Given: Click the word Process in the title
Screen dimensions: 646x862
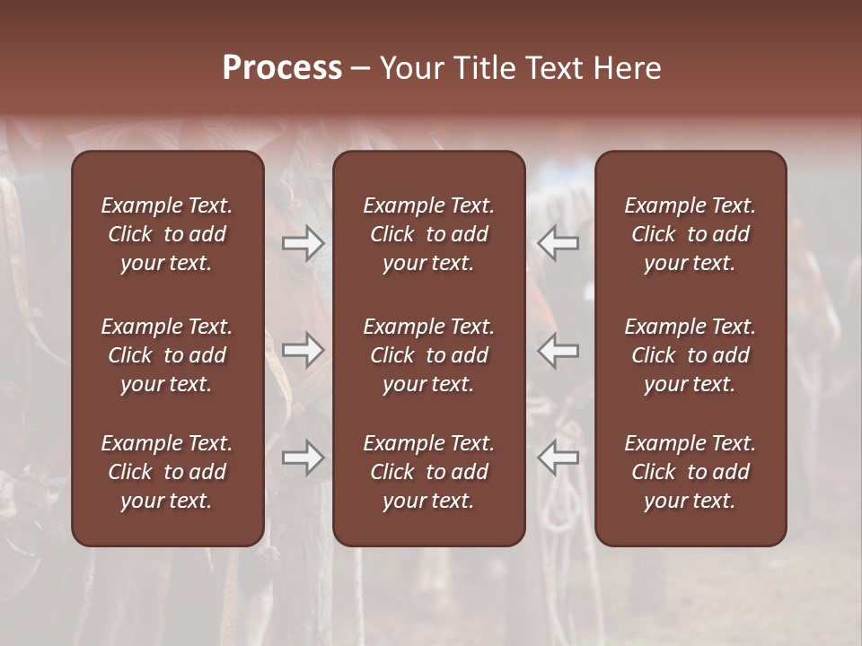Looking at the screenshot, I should point(282,68).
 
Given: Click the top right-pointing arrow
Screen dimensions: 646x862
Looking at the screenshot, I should point(303,242).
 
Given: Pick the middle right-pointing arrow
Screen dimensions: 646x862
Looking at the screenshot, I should point(303,350).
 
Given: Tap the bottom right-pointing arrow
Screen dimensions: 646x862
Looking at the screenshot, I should point(303,458).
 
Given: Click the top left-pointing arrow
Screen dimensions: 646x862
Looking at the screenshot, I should point(559,242).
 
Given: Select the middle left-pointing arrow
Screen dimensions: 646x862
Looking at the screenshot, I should point(559,350).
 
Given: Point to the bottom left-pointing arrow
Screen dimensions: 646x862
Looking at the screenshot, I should point(559,458).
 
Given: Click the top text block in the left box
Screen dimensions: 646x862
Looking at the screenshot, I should point(167,234).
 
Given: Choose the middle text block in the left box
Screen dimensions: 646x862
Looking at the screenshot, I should point(167,355).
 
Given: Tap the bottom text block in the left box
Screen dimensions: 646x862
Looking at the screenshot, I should point(167,472).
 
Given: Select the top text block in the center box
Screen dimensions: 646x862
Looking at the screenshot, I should point(429,234).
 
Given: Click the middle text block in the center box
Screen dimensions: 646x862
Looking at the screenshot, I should point(429,355).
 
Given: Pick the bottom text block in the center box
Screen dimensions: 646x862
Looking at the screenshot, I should point(429,472).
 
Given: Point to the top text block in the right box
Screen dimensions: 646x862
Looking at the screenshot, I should point(690,234).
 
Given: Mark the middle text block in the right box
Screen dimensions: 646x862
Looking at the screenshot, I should point(690,355).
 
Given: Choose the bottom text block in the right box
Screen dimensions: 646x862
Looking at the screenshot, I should point(690,472).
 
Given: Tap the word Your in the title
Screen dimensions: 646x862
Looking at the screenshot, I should point(411,68).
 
